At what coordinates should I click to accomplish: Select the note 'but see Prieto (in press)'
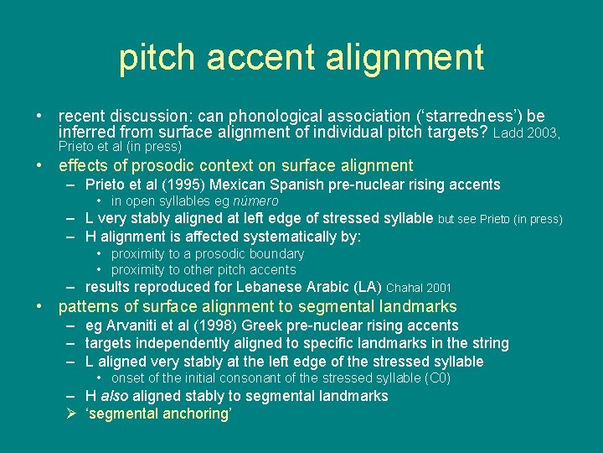pos(500,220)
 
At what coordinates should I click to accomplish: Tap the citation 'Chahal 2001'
pos(419,288)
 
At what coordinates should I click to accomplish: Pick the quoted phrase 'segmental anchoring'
pos(158,414)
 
